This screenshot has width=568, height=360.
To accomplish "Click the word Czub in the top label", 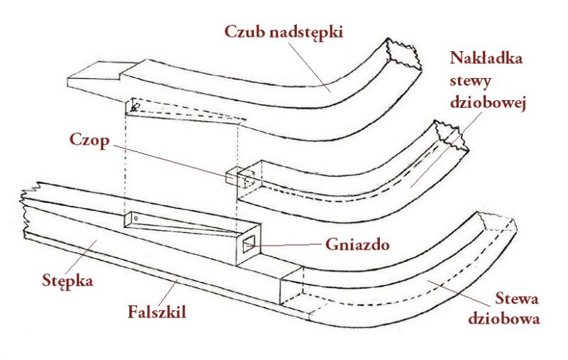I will [241, 32].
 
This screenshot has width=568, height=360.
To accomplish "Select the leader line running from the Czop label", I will [170, 158].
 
